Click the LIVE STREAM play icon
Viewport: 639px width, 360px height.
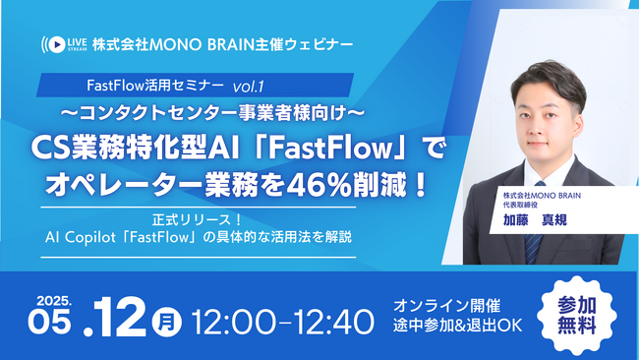[x=50, y=43]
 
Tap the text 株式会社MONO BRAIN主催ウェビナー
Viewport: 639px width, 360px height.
[x=221, y=43]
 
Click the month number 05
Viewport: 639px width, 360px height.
[x=60, y=322]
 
